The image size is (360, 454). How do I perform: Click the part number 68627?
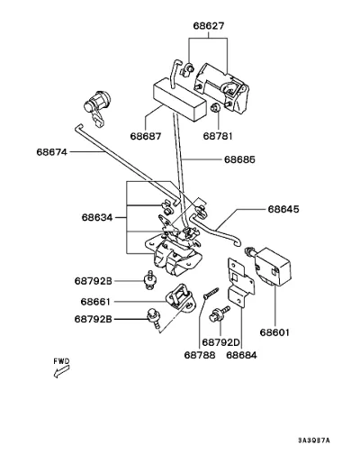click(x=209, y=25)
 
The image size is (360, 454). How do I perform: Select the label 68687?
click(x=146, y=136)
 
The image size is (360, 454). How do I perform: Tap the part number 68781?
click(x=218, y=136)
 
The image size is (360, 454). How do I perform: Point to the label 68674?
click(x=52, y=152)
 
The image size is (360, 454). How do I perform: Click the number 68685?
click(x=239, y=159)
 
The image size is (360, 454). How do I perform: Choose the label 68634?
click(x=97, y=217)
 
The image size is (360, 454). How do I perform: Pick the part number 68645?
click(x=283, y=209)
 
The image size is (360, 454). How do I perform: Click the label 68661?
click(x=95, y=302)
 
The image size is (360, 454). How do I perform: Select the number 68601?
click(x=274, y=332)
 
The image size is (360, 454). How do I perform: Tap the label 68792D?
click(x=221, y=342)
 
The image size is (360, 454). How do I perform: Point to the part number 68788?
click(x=200, y=355)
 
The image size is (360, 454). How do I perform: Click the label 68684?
click(x=241, y=355)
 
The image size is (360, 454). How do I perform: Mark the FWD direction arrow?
click(x=61, y=372)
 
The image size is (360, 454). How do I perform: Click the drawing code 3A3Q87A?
click(x=314, y=440)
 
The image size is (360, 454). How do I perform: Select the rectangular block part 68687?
click(x=180, y=99)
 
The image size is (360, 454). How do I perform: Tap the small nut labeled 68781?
click(x=215, y=107)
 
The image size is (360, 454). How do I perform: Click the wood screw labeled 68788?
click(x=211, y=294)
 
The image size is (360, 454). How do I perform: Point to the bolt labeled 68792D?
click(x=220, y=313)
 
